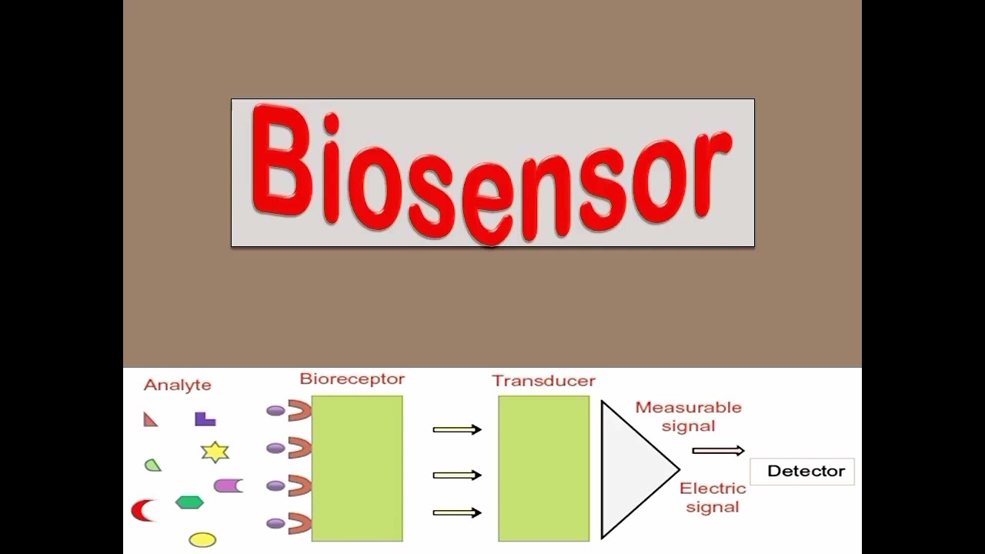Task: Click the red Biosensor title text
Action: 492,172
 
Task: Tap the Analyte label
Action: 177,385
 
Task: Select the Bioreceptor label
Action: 352,379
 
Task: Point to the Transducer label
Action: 543,381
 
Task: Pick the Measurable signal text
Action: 688,416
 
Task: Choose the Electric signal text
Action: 713,497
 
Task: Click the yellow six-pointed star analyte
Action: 215,452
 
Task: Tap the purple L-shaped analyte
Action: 205,419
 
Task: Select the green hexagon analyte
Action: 189,502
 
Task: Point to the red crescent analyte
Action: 142,509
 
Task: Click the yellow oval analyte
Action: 202,539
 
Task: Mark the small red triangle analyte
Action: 150,419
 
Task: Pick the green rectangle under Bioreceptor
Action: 357,468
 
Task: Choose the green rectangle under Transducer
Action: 543,468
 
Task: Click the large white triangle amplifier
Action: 631,469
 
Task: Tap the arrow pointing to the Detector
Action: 718,451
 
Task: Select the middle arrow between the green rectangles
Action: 456,476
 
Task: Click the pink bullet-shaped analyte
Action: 228,486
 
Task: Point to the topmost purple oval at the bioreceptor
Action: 275,411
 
